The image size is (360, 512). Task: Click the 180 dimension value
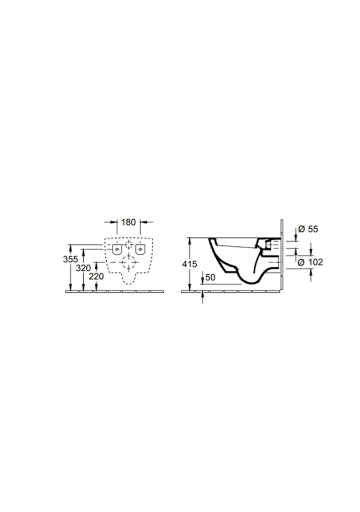[x=129, y=222]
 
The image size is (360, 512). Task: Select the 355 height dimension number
[x=70, y=259]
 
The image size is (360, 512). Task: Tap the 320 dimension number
[x=83, y=268]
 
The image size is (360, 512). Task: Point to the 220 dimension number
[x=97, y=277]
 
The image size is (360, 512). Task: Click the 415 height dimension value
[x=189, y=264]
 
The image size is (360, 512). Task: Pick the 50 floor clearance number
[x=210, y=277]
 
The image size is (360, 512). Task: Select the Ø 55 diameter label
[x=308, y=229]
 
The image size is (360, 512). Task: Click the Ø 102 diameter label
[x=310, y=262]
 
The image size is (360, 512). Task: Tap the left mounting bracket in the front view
[x=117, y=249]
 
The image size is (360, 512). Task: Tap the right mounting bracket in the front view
[x=140, y=249]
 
